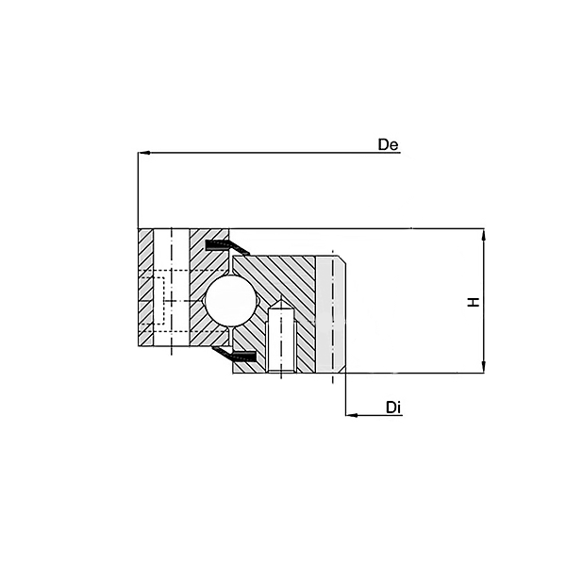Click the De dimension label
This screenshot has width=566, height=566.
[388, 144]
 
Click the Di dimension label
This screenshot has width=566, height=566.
[393, 408]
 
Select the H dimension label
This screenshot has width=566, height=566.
[474, 302]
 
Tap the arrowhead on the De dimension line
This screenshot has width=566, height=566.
[144, 153]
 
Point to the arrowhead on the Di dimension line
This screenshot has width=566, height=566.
[352, 415]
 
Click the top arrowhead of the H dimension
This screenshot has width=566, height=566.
[484, 235]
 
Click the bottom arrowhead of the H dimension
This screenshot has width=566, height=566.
[484, 367]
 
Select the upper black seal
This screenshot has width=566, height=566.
[226, 245]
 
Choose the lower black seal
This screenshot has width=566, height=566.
[235, 354]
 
